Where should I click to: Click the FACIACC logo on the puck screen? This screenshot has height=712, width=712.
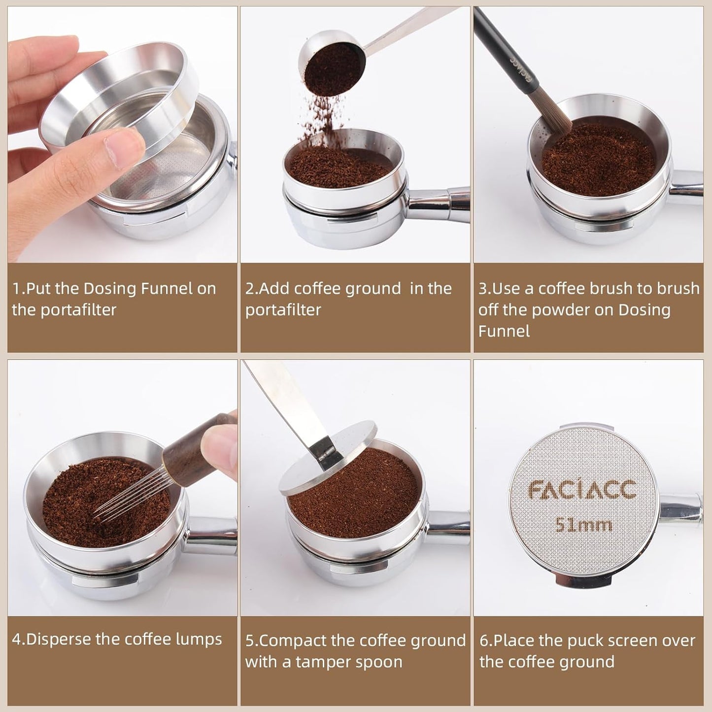coord(582,489)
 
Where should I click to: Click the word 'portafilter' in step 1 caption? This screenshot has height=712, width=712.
coord(64,310)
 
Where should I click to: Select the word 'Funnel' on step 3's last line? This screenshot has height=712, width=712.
coord(504,331)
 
